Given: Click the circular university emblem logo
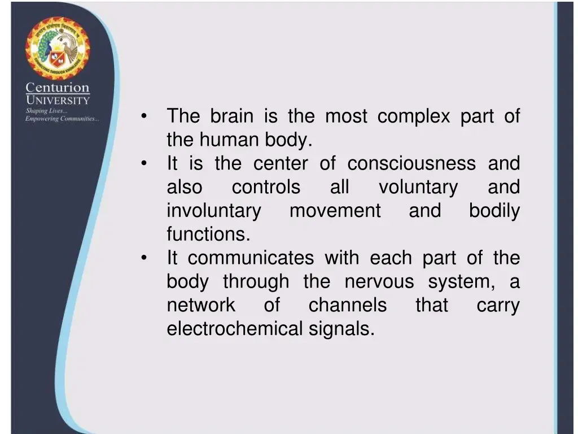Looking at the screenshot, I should point(57,49).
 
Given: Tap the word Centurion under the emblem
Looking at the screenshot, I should point(58,88).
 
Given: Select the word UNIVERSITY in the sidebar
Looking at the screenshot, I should point(58,100).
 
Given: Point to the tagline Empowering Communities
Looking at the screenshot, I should point(62,119).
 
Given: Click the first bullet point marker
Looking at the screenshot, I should point(145,117).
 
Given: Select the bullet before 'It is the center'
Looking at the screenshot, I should point(145,164).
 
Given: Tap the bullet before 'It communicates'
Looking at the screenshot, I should point(145,258).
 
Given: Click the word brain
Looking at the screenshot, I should point(231,116).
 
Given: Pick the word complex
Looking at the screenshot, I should point(414,116).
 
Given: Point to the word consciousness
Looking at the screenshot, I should point(411,164).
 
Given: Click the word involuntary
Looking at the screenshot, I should point(214,211).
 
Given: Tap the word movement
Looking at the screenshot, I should point(335,211).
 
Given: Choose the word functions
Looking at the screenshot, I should point(208,234).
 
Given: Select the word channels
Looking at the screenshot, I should point(347,305).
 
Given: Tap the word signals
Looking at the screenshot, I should point(341,329).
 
